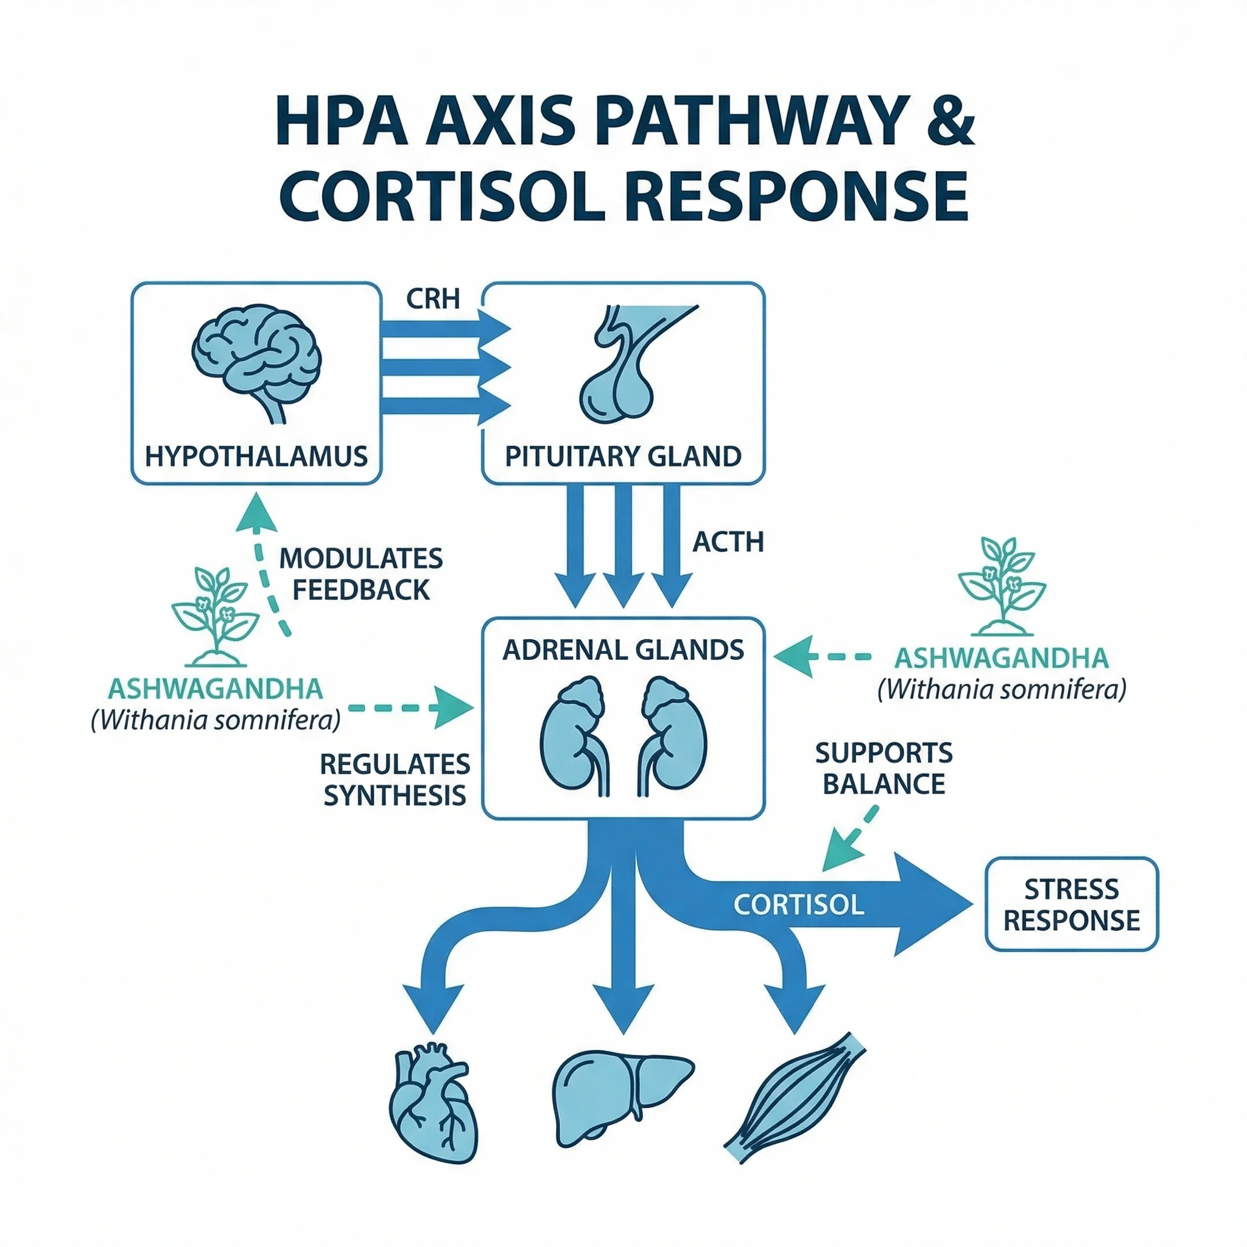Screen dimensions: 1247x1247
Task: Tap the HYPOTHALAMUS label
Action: tap(256, 456)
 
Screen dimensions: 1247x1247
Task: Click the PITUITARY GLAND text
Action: tap(623, 456)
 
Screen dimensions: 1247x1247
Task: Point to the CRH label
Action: tap(432, 299)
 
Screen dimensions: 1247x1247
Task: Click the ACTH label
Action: tap(728, 542)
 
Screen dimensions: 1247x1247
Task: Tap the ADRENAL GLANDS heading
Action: tap(623, 650)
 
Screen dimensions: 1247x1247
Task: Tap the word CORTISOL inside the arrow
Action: tap(798, 905)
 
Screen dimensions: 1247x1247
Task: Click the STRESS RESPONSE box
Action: tap(1072, 904)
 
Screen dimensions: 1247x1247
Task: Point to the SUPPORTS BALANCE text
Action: tap(883, 768)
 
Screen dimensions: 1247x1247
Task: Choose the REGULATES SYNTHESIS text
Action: tap(395, 780)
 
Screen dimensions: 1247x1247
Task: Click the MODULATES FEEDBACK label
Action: tap(361, 574)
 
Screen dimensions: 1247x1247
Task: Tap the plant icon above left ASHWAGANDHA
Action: tap(216, 616)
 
